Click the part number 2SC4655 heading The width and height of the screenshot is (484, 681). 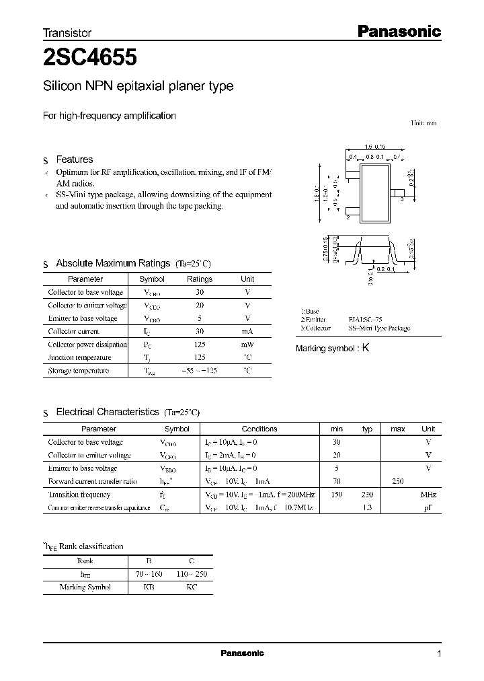[x=91, y=58]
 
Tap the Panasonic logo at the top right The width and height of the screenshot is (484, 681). [x=398, y=31]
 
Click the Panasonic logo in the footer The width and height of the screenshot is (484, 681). [x=243, y=653]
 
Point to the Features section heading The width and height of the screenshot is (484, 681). [x=75, y=160]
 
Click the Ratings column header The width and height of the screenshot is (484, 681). [x=199, y=279]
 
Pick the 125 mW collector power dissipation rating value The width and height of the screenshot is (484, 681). [x=199, y=345]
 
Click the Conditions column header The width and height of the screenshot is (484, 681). [x=259, y=429]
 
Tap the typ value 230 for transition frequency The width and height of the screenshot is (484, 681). [x=367, y=495]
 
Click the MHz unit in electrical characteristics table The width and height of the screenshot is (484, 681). [x=428, y=495]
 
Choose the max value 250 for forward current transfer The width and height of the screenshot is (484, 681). [x=397, y=482]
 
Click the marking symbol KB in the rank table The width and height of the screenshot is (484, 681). [x=149, y=587]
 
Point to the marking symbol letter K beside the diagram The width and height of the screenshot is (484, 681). [x=366, y=348]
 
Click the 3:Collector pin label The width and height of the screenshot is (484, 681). [x=316, y=328]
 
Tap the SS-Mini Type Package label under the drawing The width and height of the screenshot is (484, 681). [x=379, y=328]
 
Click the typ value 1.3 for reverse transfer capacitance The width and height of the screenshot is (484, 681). [x=367, y=508]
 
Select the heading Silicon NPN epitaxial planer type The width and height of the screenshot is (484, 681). [x=138, y=87]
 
